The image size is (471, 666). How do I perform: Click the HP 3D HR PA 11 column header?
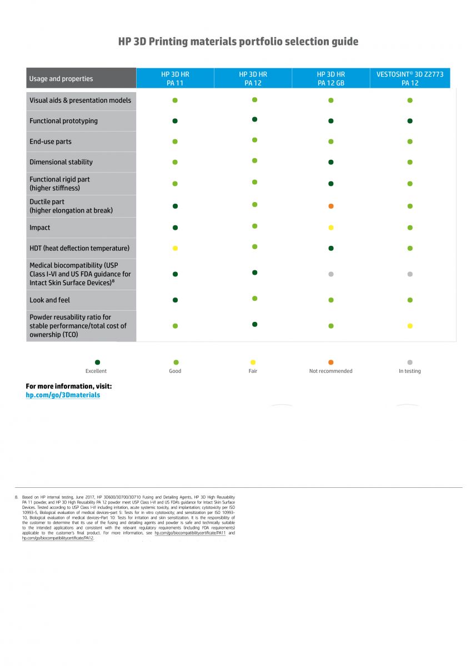coord(175,78)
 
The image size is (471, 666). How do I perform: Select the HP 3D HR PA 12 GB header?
coord(330,78)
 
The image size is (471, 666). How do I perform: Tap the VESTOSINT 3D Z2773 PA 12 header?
coord(410,78)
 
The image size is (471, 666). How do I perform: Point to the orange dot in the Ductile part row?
coord(331,206)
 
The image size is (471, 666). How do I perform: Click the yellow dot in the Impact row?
coord(331,228)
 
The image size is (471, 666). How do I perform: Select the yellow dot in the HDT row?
coord(175,248)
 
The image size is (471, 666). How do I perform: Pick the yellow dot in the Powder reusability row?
coord(410,326)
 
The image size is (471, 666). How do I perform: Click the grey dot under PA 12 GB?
coord(331,274)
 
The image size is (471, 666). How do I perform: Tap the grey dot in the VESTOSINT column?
coord(410,274)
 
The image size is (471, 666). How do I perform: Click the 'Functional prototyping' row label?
coord(63,121)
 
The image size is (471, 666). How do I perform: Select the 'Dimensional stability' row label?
coord(61,162)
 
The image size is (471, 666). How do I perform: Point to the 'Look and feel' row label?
coord(50,300)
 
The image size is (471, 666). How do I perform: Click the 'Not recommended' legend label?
coord(330,371)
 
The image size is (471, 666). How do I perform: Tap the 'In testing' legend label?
coord(410,371)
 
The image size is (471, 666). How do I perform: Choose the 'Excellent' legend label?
coord(96,371)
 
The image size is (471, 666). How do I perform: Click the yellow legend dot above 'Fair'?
coord(253,362)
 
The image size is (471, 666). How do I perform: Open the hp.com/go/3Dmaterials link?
coord(63,395)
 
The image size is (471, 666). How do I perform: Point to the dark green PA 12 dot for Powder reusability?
coord(254,324)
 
